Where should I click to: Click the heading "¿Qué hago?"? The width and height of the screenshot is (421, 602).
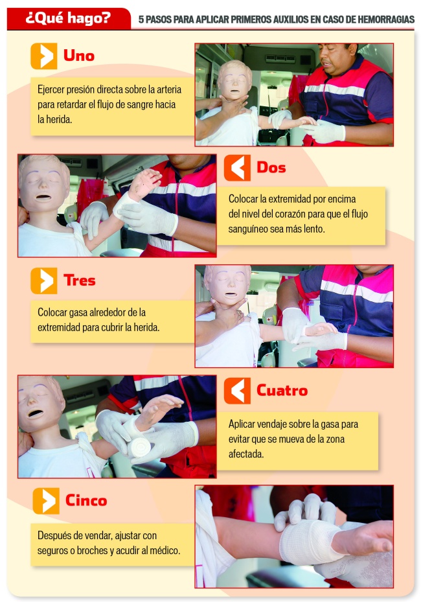68,17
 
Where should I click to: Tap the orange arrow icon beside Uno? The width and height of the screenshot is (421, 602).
44,56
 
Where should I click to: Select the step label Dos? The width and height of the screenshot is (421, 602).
271,167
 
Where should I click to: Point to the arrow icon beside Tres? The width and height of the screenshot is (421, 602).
44,281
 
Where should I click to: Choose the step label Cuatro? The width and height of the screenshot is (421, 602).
282,391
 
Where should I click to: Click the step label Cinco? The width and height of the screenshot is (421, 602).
86,501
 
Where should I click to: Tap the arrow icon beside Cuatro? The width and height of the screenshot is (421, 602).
237,391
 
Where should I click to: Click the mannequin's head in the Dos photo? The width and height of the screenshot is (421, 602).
43,183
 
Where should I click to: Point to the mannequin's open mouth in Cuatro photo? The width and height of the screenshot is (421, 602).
36,413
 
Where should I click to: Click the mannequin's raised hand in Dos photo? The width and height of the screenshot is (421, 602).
144,184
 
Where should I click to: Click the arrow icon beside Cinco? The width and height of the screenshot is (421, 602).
46,501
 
